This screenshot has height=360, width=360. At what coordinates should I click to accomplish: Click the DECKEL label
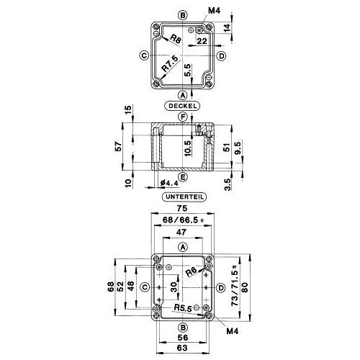183,106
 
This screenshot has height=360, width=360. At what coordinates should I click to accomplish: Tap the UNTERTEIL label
184,197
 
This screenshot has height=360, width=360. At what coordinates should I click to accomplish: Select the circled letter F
183,117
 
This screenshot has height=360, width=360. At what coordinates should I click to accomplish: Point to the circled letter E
183,177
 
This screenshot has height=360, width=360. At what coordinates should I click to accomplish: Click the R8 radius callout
175,39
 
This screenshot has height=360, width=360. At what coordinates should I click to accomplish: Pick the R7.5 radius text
170,63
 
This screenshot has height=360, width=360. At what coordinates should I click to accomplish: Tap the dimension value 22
202,41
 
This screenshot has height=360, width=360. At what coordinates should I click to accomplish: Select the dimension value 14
227,27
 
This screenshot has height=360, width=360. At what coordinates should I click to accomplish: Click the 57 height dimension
118,146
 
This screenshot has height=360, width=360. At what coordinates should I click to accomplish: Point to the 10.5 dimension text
188,148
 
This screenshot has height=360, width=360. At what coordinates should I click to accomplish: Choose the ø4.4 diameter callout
169,184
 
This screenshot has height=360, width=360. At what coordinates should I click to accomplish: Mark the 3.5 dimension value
228,184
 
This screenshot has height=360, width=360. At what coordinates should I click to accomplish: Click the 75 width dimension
181,208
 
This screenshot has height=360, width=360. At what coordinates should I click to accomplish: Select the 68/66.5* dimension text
184,220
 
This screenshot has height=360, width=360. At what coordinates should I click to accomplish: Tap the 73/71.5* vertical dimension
235,285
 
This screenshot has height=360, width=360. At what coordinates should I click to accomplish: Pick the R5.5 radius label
183,308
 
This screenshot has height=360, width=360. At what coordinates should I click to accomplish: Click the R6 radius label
192,272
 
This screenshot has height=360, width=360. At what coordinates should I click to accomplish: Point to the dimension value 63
182,348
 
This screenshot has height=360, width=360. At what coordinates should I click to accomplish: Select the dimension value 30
174,287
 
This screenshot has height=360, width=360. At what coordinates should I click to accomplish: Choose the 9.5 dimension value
237,148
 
